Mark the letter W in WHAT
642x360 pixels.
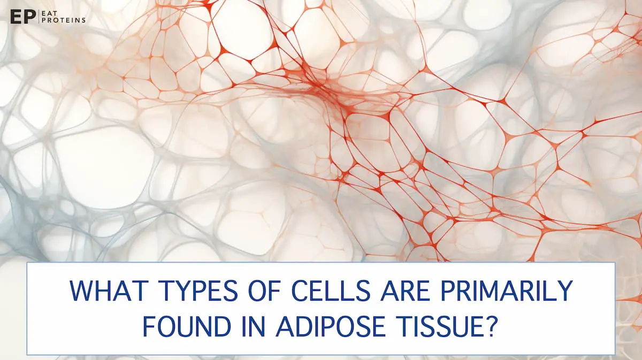pos(82,291)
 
